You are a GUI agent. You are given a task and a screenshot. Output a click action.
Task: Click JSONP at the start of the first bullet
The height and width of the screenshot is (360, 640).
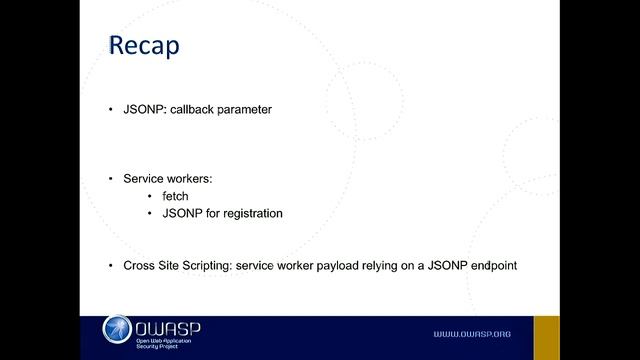pos(144,110)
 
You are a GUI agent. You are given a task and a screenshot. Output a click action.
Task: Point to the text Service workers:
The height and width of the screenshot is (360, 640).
pos(168,178)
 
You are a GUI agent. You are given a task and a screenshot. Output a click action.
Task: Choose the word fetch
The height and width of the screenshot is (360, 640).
pos(175,196)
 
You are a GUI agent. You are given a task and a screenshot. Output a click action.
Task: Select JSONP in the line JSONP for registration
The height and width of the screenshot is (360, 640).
pos(169,213)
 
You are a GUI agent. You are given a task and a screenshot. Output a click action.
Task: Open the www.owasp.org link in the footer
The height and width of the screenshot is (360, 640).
pos(471,333)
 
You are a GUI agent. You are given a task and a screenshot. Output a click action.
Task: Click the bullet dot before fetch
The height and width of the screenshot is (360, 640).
pos(150,196)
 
